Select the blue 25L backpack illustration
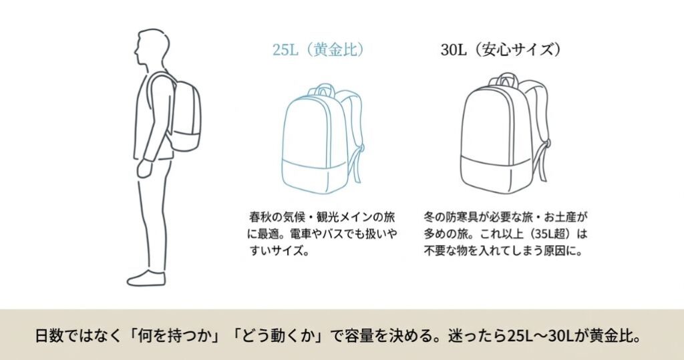click(317, 137)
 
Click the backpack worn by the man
click(182, 117)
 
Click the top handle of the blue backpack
click(324, 88)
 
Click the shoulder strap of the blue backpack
click(356, 134)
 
